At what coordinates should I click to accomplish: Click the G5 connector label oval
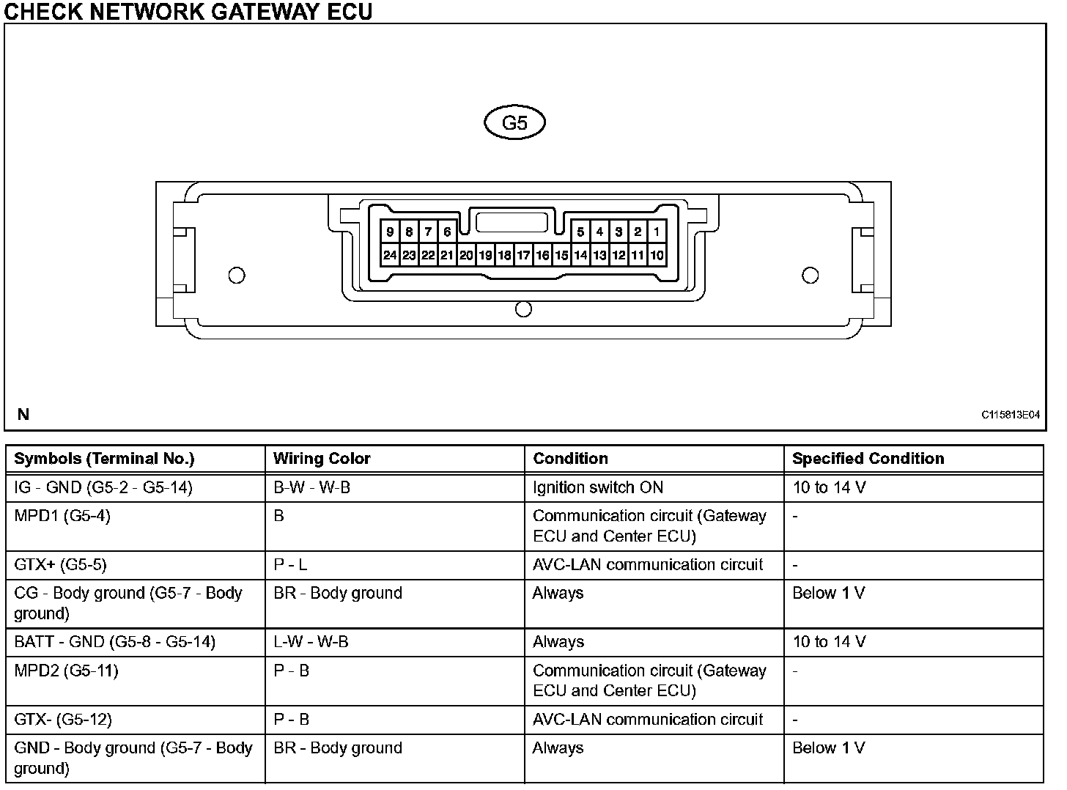pyautogui.click(x=514, y=123)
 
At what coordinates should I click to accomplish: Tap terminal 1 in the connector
pyautogui.click(x=657, y=232)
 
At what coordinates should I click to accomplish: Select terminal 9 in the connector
pyautogui.click(x=390, y=232)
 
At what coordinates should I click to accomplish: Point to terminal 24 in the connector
pyautogui.click(x=390, y=256)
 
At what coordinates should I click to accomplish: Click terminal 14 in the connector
pyautogui.click(x=580, y=256)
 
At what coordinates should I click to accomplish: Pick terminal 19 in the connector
pyautogui.click(x=485, y=256)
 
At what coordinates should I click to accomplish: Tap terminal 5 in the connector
pyautogui.click(x=580, y=232)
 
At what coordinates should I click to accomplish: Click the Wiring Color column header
pyautogui.click(x=322, y=459)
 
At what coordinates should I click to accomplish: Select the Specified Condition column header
pyautogui.click(x=868, y=459)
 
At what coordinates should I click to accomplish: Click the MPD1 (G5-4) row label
pyautogui.click(x=62, y=516)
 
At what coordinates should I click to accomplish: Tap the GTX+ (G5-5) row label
pyautogui.click(x=60, y=565)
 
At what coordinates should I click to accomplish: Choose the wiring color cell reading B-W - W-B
pyautogui.click(x=311, y=487)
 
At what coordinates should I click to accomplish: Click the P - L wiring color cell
pyautogui.click(x=290, y=565)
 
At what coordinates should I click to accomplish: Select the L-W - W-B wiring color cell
pyautogui.click(x=311, y=642)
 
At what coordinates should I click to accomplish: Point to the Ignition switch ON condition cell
pyautogui.click(x=599, y=487)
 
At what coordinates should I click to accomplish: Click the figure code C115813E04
pyautogui.click(x=1010, y=415)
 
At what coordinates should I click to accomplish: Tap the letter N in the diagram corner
pyautogui.click(x=23, y=415)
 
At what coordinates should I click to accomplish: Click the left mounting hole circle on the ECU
pyautogui.click(x=237, y=276)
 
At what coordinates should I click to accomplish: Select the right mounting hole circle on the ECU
pyautogui.click(x=810, y=276)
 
